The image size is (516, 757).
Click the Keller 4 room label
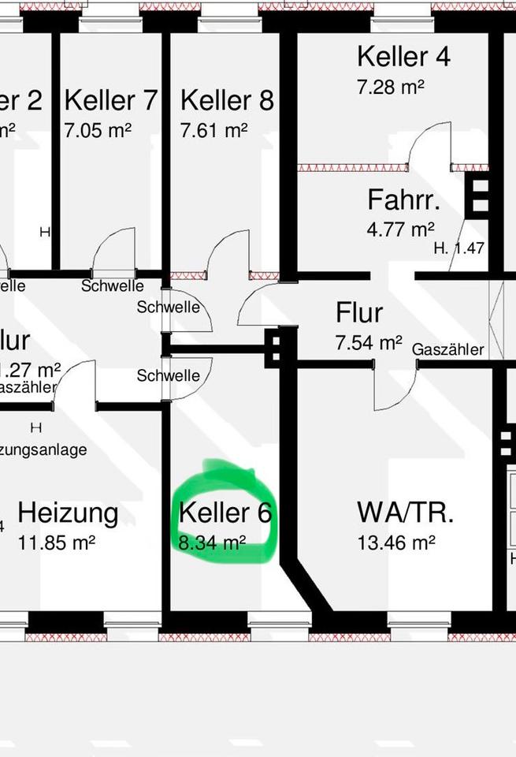(403, 57)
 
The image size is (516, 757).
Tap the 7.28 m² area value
(390, 86)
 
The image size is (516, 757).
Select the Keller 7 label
(111, 100)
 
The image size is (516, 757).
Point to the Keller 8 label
(227, 100)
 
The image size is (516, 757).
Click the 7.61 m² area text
(213, 129)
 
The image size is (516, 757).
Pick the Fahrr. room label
(403, 200)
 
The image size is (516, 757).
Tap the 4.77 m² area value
(400, 229)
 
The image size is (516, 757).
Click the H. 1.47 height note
(458, 248)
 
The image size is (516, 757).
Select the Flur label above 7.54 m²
(359, 313)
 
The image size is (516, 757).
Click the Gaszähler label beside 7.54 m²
(447, 349)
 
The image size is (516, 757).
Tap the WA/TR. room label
(405, 512)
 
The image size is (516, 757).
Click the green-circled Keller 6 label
(225, 513)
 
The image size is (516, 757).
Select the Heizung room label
(68, 513)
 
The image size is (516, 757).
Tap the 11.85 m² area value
(56, 543)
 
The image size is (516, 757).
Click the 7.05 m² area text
(98, 129)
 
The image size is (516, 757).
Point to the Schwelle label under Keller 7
(112, 285)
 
